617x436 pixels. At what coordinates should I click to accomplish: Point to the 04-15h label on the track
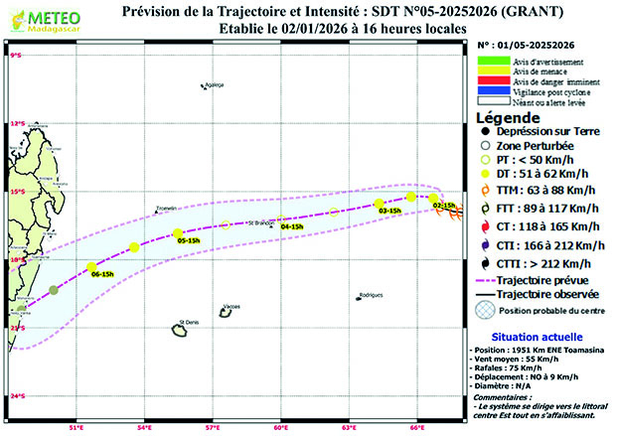292,226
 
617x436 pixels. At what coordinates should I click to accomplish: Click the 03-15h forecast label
389,211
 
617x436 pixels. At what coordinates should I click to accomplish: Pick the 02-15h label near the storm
444,205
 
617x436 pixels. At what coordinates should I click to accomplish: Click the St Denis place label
188,322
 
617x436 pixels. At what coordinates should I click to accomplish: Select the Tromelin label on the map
166,208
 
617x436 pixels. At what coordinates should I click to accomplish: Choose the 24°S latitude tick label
16,397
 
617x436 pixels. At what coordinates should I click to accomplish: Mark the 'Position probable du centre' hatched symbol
484,311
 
